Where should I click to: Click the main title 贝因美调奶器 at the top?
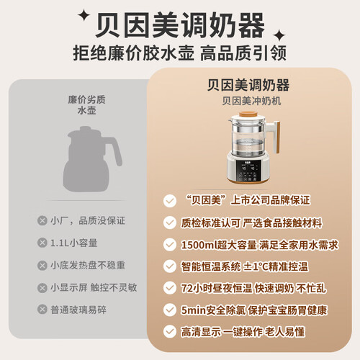(180, 25)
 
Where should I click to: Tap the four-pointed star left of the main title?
(84, 15)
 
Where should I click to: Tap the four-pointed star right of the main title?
(279, 35)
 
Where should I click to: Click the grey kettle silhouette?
(92, 158)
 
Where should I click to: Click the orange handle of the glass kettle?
(277, 138)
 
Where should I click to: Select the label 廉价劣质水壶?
(86, 105)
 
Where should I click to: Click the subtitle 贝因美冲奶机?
(251, 101)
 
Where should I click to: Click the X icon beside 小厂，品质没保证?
(42, 220)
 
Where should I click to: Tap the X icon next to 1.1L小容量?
(42, 243)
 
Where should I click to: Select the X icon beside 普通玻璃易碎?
(42, 310)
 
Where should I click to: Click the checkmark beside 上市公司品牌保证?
(170, 201)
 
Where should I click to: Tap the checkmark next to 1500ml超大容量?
(170, 245)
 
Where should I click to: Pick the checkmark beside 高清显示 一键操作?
(170, 331)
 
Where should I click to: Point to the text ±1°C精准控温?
(276, 266)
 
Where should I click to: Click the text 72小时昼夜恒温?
(217, 288)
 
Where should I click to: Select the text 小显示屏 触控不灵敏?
(94, 287)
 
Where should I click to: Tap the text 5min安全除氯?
(213, 310)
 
